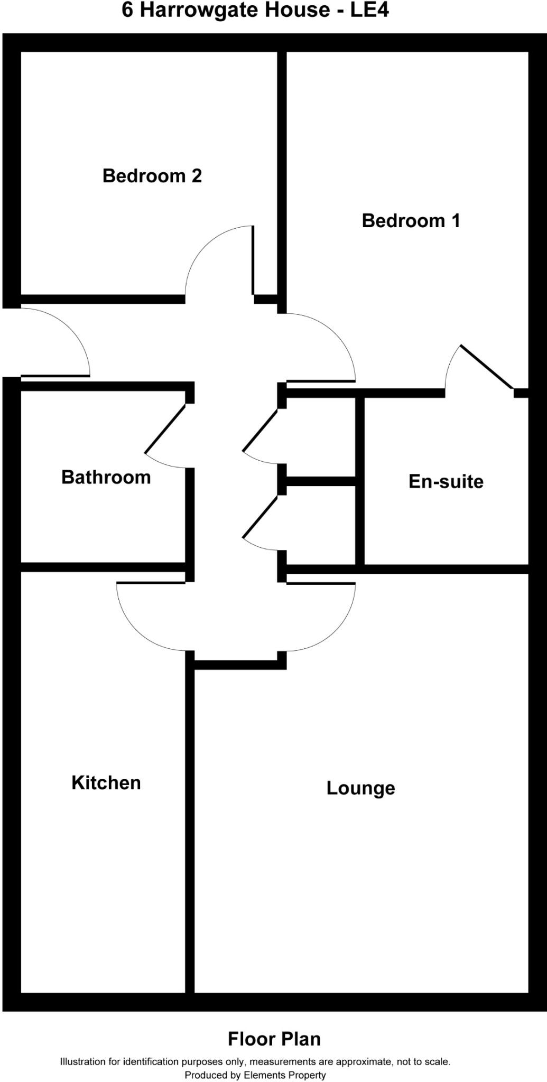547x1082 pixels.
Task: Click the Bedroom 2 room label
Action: coord(152,175)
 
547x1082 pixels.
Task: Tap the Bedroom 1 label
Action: coord(411,220)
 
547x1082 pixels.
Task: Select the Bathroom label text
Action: coord(106,477)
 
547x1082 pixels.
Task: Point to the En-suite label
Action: coord(446,481)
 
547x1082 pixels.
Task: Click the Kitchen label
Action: coord(106,782)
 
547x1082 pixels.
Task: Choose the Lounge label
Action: coord(360,788)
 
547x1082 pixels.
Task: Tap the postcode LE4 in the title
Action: coord(369,11)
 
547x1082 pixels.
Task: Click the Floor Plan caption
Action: coord(274,1039)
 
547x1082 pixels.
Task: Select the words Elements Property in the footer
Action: coord(284,1075)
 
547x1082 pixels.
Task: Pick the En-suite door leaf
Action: coord(486,367)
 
